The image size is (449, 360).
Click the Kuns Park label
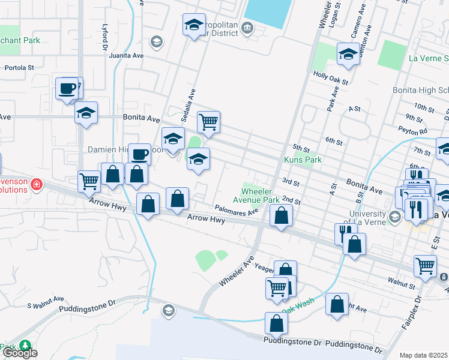303,160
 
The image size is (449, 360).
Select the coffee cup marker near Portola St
67,89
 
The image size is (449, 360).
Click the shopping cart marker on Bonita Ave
208,122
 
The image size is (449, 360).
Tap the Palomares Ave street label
236,209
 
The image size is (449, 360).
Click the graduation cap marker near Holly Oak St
348,55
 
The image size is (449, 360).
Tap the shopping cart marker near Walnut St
424,265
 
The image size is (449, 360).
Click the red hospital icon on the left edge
37,184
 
